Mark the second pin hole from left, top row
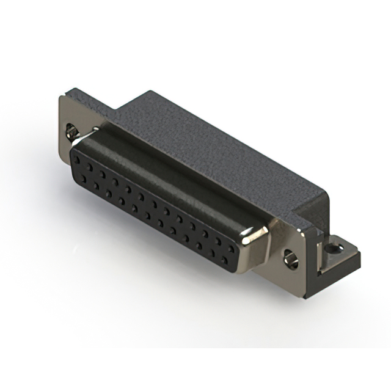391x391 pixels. click(x=90, y=167)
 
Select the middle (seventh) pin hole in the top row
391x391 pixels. click(x=155, y=203)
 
